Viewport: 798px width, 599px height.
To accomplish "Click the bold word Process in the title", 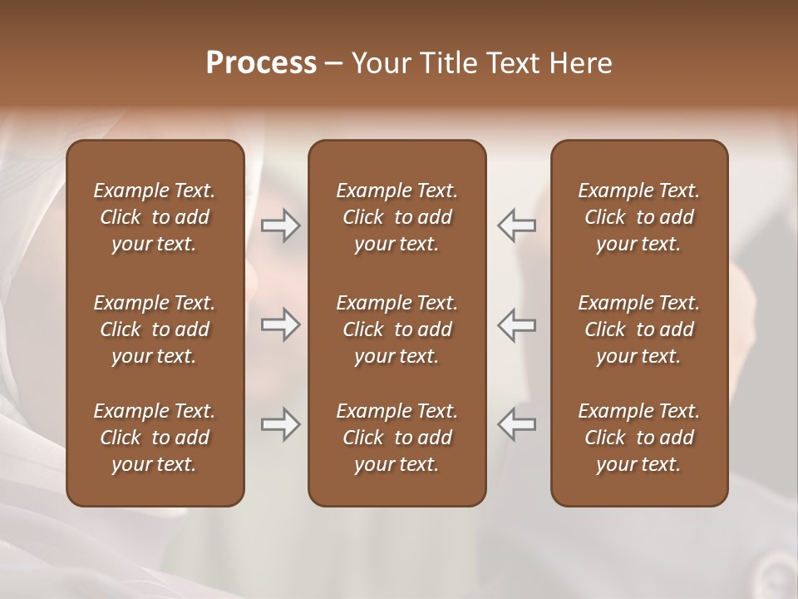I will (261, 63).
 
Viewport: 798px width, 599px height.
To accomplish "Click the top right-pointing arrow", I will (280, 225).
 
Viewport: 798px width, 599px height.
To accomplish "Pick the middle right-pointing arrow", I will (280, 324).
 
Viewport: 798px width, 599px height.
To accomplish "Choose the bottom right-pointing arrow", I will (280, 424).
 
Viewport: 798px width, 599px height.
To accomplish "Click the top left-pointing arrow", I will (517, 225).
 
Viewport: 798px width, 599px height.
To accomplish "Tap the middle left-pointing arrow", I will (517, 324).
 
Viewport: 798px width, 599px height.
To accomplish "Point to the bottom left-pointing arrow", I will (517, 424).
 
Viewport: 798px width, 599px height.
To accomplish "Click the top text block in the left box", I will (155, 217).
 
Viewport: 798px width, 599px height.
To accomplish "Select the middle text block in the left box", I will (155, 329).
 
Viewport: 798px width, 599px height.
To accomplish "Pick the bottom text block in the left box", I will (155, 438).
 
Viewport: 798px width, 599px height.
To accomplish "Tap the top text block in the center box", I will (397, 217).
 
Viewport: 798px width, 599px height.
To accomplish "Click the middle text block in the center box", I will (397, 329).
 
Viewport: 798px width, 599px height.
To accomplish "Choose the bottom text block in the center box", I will (397, 438).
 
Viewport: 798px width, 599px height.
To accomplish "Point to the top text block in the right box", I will (639, 217).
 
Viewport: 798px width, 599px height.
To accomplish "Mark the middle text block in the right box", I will (639, 329).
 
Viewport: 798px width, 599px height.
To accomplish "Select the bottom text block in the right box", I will (639, 438).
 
